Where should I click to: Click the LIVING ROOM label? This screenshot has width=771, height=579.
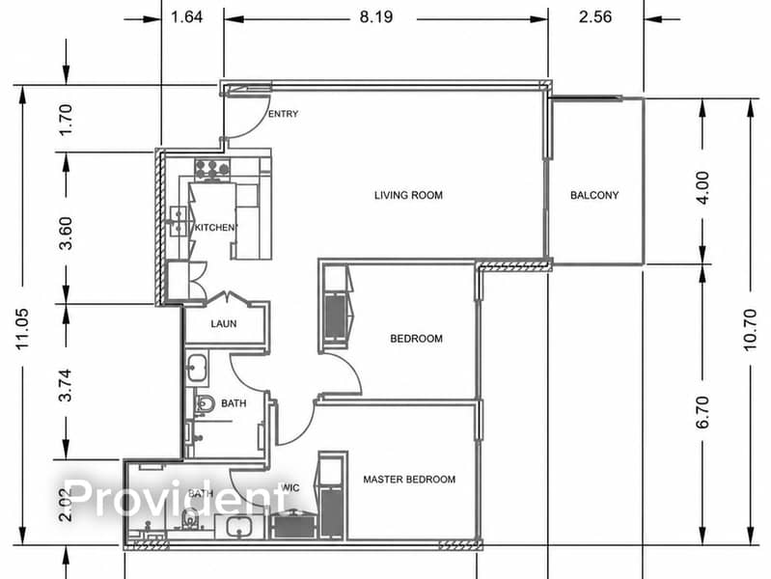pos(408,195)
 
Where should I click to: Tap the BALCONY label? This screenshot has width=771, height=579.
pos(594,195)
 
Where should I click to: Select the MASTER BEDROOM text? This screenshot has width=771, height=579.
pos(409,480)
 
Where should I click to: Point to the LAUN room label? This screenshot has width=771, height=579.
pos(224,323)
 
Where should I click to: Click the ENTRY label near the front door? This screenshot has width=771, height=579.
pos(284,114)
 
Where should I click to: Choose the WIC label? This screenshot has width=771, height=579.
pos(289,487)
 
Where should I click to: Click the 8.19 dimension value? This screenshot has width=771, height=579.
pos(376,17)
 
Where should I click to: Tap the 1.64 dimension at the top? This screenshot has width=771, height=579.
pos(186,17)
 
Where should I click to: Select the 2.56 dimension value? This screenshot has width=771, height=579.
pos(595,17)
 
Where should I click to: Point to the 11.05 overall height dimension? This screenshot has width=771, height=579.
pos(23,329)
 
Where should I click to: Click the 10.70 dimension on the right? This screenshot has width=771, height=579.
pos(750,330)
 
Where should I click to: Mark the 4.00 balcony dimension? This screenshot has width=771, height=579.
pos(703,188)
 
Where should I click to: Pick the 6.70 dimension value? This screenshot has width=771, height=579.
pos(703,412)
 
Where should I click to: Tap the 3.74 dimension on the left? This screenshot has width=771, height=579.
pos(65,385)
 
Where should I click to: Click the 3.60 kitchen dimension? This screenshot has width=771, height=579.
pos(65,234)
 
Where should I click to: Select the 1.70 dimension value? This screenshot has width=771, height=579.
pos(65,120)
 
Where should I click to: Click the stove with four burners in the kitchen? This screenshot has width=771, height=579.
pos(212,169)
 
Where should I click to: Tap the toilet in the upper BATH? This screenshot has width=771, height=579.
pos(205,404)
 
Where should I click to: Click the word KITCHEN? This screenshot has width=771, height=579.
pos(215,228)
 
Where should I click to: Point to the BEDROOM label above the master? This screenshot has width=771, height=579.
pos(416,339)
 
